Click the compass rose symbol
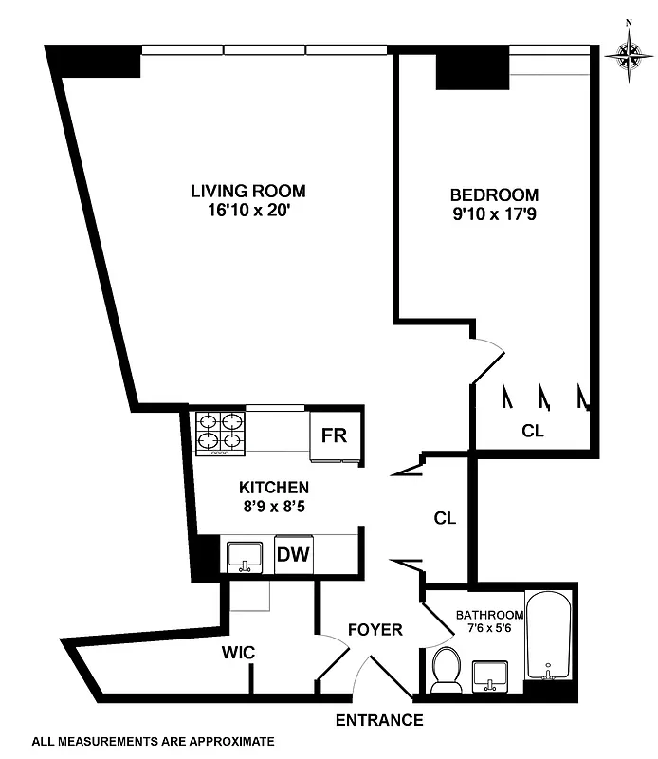point(628,56)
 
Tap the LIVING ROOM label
point(247,191)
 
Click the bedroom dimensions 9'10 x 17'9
point(493,214)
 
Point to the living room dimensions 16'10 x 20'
point(247,211)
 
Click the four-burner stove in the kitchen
point(221,433)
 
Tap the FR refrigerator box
point(334,436)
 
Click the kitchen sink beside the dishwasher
point(246,555)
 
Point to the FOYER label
point(375,630)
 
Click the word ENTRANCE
point(379,720)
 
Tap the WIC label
point(237,654)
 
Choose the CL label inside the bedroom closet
point(533,431)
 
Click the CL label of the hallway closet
point(445,519)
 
